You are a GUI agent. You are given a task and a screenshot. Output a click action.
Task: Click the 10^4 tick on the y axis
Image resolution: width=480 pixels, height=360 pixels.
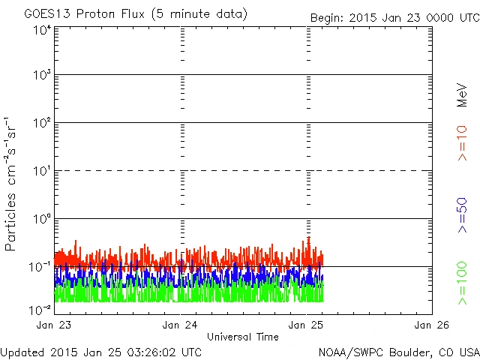point(42,31)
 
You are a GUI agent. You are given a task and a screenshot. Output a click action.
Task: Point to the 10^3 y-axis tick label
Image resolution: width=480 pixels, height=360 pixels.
point(42,76)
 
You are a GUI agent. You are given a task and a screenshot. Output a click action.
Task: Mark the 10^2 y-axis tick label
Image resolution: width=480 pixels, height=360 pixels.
point(42,123)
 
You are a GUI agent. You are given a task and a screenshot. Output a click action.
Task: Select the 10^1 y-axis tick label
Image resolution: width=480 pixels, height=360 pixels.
point(42,171)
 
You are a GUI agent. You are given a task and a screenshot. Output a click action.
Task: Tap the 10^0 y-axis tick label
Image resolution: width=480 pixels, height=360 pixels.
point(42,219)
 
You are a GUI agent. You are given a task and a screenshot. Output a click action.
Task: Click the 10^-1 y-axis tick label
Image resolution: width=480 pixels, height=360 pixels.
point(40,267)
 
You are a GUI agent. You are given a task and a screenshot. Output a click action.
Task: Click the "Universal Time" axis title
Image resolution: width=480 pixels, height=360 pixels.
point(243,337)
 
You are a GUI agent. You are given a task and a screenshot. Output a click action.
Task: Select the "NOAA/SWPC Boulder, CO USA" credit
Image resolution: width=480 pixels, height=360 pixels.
point(398,352)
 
